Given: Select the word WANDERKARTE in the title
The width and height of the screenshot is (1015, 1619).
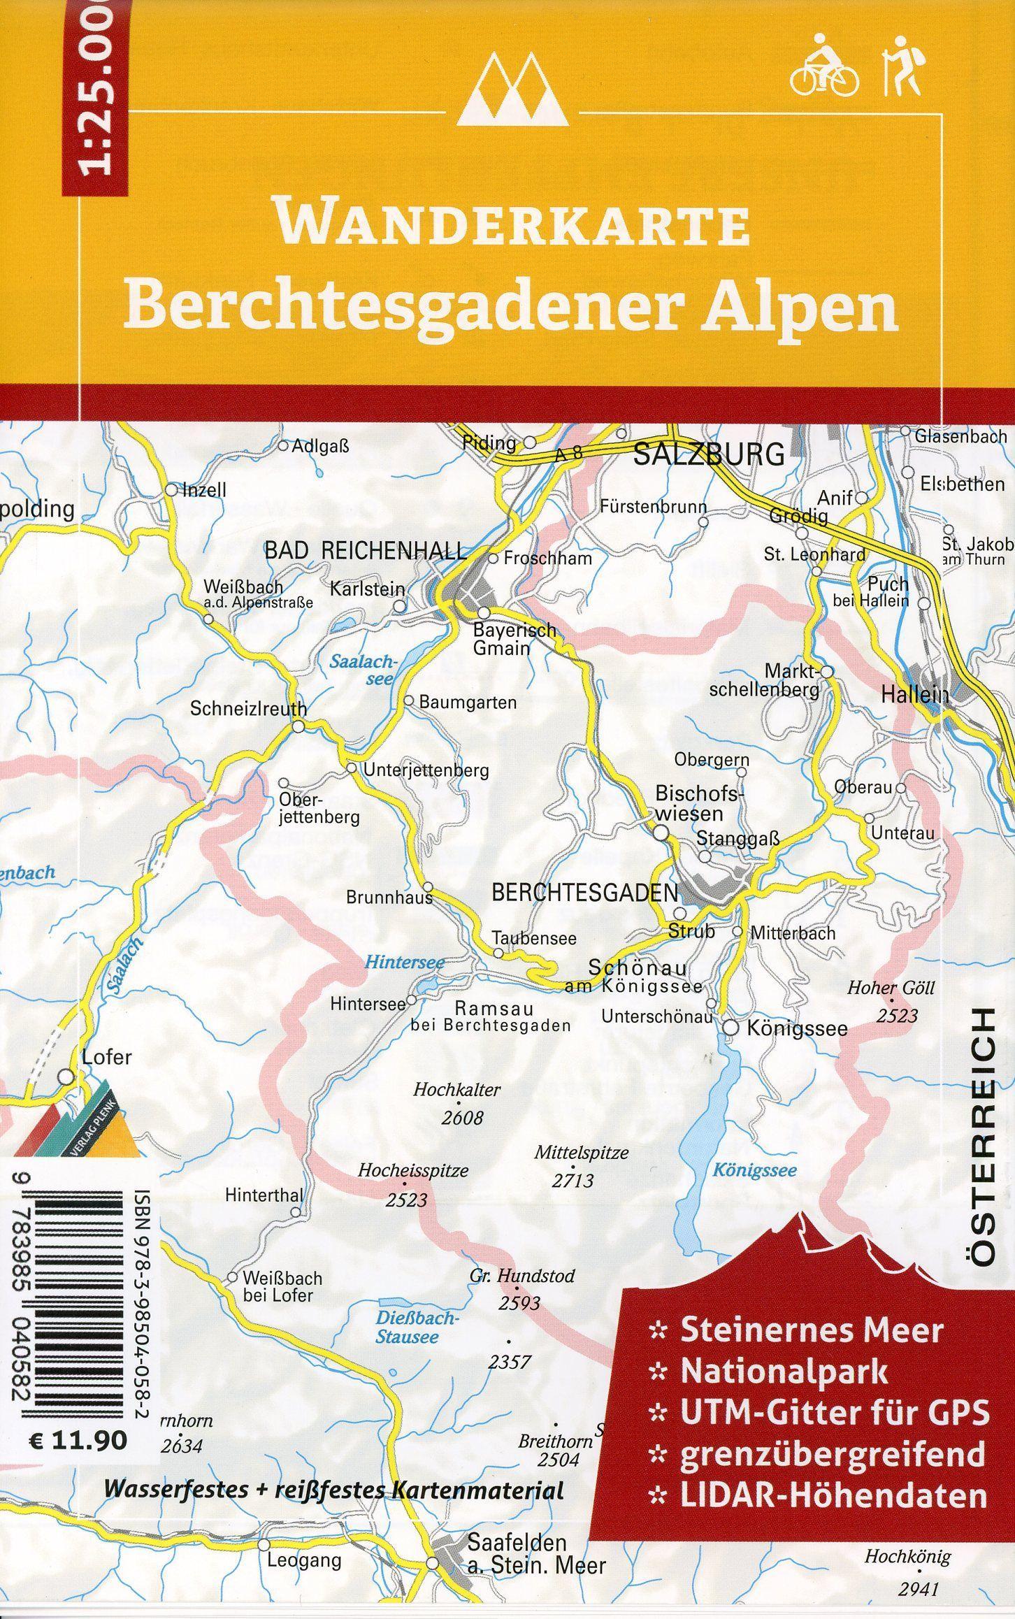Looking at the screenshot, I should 514,224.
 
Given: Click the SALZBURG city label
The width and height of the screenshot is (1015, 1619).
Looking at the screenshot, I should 709,455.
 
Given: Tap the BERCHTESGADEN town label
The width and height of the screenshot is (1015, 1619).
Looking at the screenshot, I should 585,892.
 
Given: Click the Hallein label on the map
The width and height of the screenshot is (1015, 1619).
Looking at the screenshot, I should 915,695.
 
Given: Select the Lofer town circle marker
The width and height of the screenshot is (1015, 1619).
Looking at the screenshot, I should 66,1077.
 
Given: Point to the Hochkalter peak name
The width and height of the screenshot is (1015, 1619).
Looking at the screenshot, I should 457,1089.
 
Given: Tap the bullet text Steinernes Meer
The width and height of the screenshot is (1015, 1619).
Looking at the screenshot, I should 812,1331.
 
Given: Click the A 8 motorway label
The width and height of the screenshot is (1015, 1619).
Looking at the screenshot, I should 568,453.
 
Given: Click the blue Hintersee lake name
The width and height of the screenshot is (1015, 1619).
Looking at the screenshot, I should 404,963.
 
